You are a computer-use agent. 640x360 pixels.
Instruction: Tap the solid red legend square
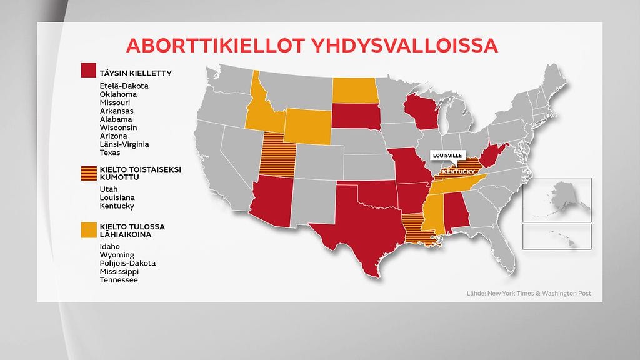88,71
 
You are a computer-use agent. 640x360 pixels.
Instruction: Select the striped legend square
88,173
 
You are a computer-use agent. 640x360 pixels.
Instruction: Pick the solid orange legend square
88,230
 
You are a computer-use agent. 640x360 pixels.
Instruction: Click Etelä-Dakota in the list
124,86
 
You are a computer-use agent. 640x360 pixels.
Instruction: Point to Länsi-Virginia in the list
124,144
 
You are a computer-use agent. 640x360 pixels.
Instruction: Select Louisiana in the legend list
117,197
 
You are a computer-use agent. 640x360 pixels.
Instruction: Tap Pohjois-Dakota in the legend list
127,263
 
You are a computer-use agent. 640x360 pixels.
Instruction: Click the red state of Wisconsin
421,112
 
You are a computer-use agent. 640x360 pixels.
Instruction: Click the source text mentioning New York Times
528,293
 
